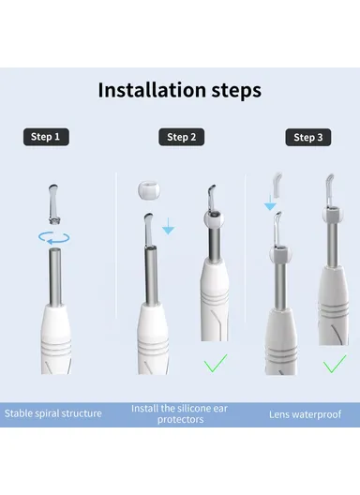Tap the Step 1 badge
pyautogui.click(x=45, y=137)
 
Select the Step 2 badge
pyautogui.click(x=181, y=137)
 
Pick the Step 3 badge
pyautogui.click(x=307, y=137)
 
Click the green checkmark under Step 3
pyautogui.click(x=333, y=363)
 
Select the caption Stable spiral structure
pyautogui.click(x=54, y=413)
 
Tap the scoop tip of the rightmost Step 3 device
pyautogui.click(x=328, y=187)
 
